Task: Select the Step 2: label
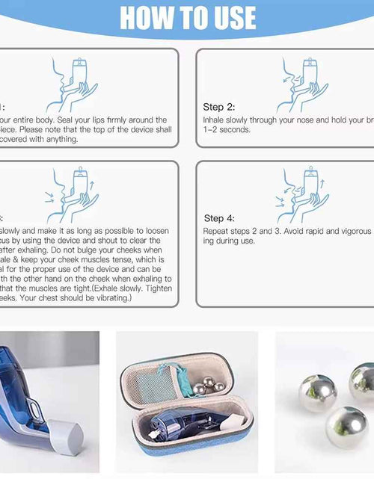click(218, 107)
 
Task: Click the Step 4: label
click(219, 218)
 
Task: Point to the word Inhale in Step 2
click(215, 120)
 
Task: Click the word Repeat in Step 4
click(217, 232)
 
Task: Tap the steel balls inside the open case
click(210, 386)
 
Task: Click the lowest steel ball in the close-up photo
click(346, 426)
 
